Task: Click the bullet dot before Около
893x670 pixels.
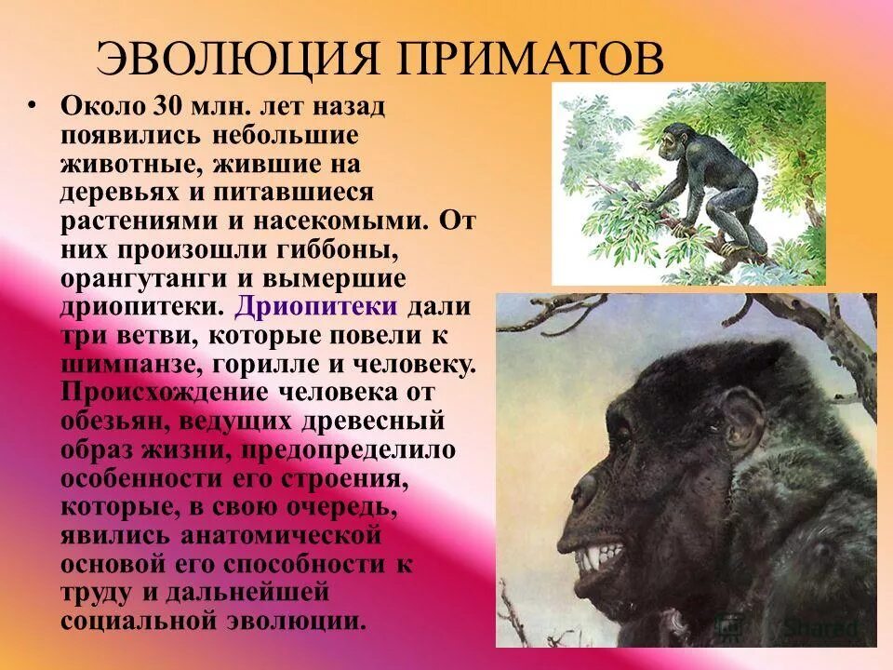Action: point(34,104)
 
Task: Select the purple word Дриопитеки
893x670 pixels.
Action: point(317,306)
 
